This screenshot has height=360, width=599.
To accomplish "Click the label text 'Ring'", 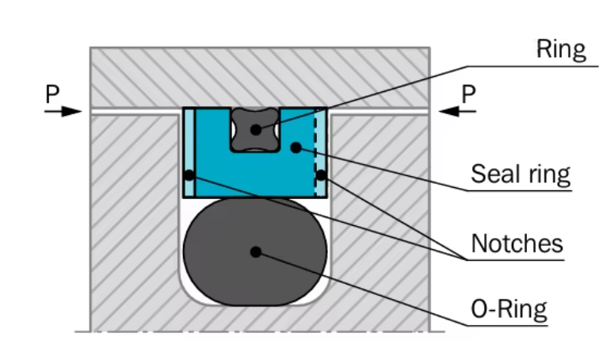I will (561, 50).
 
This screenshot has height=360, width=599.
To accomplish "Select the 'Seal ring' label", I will (521, 174).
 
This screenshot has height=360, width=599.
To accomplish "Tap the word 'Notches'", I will (517, 243).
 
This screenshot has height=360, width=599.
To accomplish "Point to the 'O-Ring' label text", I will (509, 307).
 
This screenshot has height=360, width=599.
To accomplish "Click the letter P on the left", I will (52, 94).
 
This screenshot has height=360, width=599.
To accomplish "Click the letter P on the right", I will (469, 94).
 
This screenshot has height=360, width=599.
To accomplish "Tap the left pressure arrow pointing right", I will (63, 112).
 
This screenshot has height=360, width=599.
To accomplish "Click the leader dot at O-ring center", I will (255, 251).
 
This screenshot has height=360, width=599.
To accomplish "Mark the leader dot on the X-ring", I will (255, 128).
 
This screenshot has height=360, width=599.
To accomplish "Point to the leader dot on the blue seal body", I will (295, 147).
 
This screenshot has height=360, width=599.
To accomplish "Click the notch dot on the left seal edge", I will (189, 174).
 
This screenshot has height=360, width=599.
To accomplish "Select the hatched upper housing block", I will (261, 75).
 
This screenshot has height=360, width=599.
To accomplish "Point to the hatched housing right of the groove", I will (380, 222).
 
